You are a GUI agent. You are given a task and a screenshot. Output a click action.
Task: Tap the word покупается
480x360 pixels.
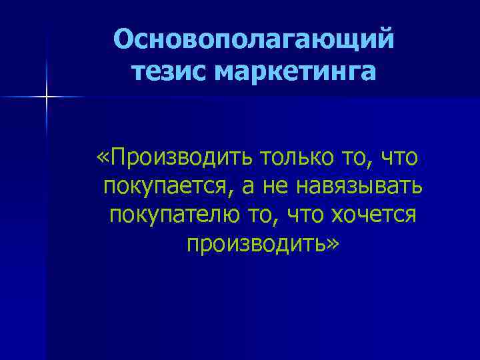(x=167, y=187)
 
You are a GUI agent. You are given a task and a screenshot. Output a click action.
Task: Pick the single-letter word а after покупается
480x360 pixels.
(x=248, y=189)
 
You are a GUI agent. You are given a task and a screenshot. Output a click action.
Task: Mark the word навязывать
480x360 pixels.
(x=359, y=187)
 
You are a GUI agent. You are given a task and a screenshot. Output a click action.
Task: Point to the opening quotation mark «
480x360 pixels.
(x=103, y=159)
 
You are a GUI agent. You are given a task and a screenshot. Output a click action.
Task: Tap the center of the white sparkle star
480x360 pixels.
(x=47, y=97)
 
